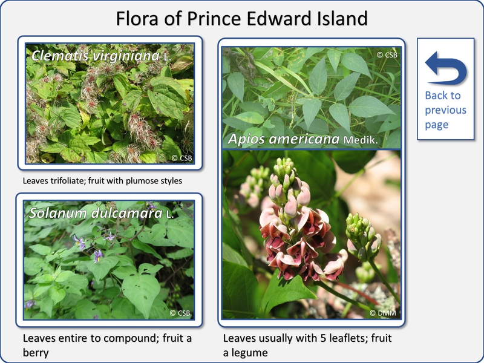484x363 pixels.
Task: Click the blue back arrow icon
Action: point(446,68)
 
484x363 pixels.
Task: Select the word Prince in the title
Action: point(214,18)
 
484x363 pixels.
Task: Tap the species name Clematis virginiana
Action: point(96,56)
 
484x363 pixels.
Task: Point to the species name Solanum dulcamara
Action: point(96,213)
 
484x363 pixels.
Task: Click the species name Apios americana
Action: point(284,139)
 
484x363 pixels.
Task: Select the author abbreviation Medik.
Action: point(361,140)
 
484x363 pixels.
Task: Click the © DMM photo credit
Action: point(383,313)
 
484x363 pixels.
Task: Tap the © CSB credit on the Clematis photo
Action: point(182,158)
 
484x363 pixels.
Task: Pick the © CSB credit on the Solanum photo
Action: point(180,313)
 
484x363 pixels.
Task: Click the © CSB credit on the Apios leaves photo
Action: point(387,55)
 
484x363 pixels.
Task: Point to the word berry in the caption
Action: point(36,353)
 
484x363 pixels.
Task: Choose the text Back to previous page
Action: point(445,110)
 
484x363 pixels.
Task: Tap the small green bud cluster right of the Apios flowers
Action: point(364,235)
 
